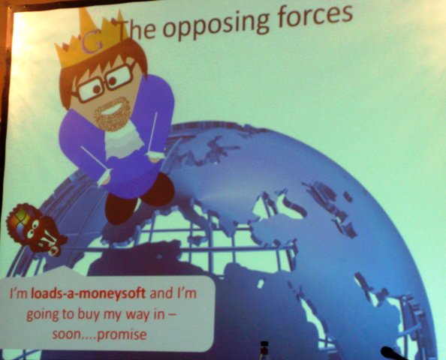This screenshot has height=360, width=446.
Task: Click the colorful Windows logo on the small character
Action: [20, 220]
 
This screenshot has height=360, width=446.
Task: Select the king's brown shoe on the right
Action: [160, 189]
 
